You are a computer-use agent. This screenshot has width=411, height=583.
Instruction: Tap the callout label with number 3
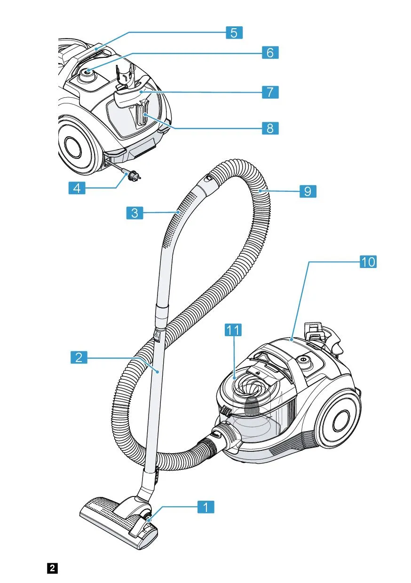[134, 213]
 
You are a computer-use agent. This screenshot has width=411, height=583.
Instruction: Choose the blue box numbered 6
[270, 52]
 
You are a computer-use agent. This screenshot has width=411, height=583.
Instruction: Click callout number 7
[270, 91]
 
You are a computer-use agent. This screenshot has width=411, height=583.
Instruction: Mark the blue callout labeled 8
[270, 128]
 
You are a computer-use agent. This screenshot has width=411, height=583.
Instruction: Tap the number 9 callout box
[308, 191]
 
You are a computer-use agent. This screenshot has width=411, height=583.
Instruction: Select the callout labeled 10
[368, 262]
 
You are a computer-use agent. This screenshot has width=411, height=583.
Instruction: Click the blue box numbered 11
[233, 331]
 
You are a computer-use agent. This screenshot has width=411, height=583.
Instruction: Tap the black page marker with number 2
[52, 567]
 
